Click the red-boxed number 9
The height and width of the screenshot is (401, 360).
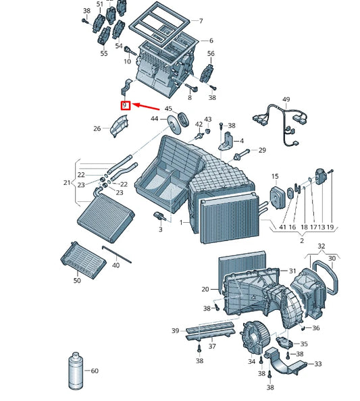(124, 105)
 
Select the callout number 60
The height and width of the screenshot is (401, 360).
(95, 371)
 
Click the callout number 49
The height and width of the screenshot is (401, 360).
(286, 100)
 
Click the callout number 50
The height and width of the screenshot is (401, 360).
(77, 280)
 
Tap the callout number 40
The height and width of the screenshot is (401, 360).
(115, 265)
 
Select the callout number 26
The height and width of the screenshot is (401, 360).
(97, 128)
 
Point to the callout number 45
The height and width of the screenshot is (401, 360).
(168, 109)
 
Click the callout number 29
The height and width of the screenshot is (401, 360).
(262, 150)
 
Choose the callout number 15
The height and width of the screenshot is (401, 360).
(275, 176)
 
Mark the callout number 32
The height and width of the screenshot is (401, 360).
(322, 246)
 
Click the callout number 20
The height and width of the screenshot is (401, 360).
(205, 289)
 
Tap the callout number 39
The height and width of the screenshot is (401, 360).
(175, 331)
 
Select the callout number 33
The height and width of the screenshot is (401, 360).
(317, 364)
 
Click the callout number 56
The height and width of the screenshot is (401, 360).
(211, 53)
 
